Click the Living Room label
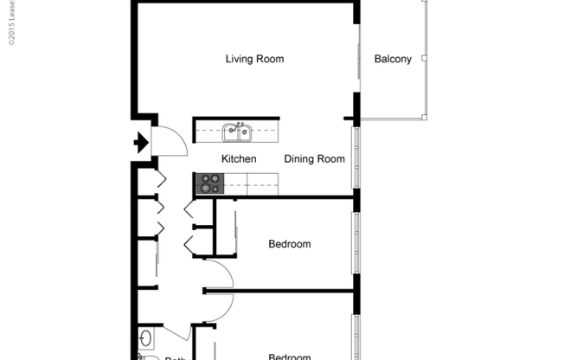point(254,59)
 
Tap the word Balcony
point(393,60)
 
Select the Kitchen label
point(239,158)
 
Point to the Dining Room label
point(315,158)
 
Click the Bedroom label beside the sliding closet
point(289,244)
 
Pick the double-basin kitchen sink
point(237,132)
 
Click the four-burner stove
point(210,183)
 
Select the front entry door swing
point(170,141)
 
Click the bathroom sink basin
point(144,337)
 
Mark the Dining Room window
point(355,158)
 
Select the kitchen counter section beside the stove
point(251,183)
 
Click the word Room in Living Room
point(270,59)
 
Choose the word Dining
point(298,158)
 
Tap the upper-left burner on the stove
point(205,179)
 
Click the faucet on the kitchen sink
point(238,125)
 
